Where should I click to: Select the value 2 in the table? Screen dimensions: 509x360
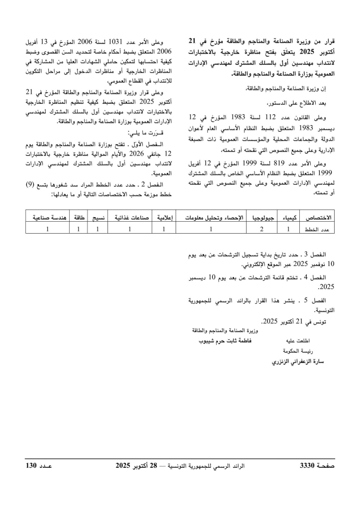pyautogui.click(x=262, y=229)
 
